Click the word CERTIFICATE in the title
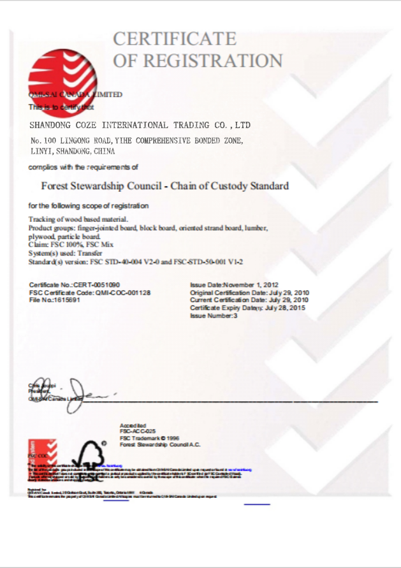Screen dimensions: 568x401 (175, 39)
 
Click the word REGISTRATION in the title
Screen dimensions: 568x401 (213, 61)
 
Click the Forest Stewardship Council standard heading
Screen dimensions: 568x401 (164, 186)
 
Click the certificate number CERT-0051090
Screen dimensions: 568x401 (97, 284)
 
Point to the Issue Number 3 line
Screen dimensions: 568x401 (214, 316)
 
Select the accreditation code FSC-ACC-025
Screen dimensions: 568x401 (138, 432)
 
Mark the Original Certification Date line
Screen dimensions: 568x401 (249, 292)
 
